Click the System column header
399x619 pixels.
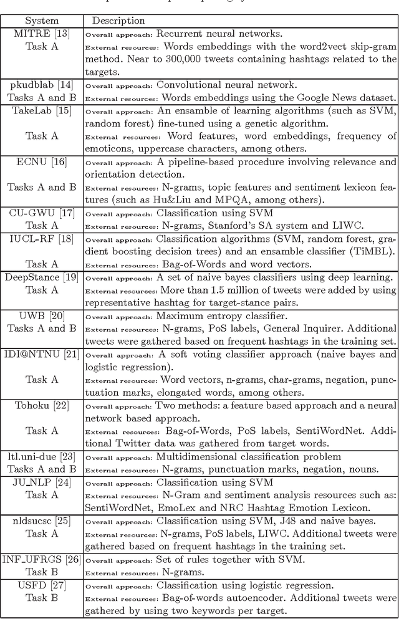[41, 21]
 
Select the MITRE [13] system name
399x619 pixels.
[41, 33]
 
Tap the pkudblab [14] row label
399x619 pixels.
[41, 85]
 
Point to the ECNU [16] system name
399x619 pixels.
[41, 161]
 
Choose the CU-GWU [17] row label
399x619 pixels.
[41, 213]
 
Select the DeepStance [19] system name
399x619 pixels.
[41, 277]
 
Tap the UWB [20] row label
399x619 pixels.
[41, 316]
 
